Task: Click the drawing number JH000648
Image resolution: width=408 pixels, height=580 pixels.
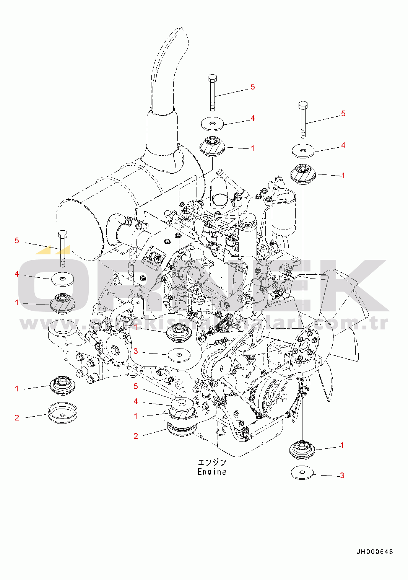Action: [x=374, y=552]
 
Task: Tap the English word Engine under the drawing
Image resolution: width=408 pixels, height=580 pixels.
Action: [x=211, y=472]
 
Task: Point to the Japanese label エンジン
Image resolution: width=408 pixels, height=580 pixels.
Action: [x=211, y=463]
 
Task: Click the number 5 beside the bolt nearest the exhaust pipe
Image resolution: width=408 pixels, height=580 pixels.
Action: [x=253, y=87]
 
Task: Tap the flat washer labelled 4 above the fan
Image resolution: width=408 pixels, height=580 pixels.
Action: [x=303, y=151]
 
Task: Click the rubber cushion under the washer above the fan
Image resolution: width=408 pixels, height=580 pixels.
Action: [x=303, y=173]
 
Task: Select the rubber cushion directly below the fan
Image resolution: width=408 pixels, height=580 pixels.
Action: [x=302, y=448]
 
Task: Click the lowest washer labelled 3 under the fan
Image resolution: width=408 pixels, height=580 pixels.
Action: [x=302, y=472]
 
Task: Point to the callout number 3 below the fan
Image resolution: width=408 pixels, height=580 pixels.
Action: [x=342, y=475]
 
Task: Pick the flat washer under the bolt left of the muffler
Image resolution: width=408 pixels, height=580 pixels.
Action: [x=63, y=279]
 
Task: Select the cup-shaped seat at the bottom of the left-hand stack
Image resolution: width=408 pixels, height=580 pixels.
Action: [x=62, y=412]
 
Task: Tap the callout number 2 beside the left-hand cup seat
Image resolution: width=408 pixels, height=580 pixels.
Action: [x=17, y=417]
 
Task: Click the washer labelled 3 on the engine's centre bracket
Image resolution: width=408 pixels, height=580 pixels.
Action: [x=179, y=355]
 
